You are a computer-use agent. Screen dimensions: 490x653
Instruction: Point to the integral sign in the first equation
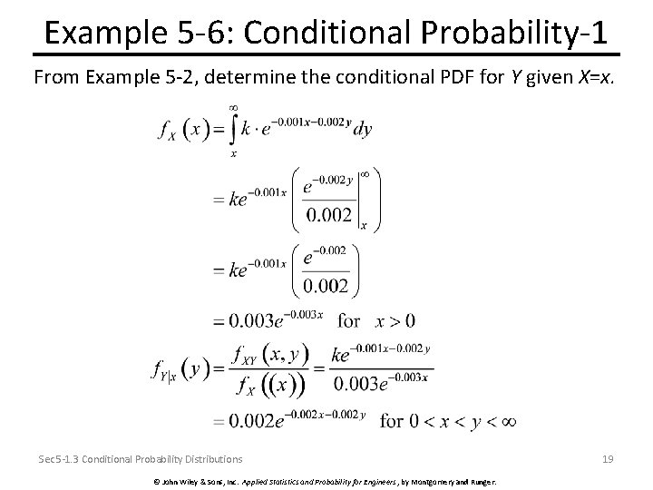pyautogui.click(x=234, y=129)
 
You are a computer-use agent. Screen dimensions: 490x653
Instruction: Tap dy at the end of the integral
pyautogui.click(x=362, y=130)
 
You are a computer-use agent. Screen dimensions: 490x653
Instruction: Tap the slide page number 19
pyautogui.click(x=607, y=459)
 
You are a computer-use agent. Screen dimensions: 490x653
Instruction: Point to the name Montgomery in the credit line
pyautogui.click(x=446, y=479)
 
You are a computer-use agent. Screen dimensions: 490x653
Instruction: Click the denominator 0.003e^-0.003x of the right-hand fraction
pyautogui.click(x=380, y=382)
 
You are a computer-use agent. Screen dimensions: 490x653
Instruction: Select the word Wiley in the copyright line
pyautogui.click(x=191, y=479)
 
